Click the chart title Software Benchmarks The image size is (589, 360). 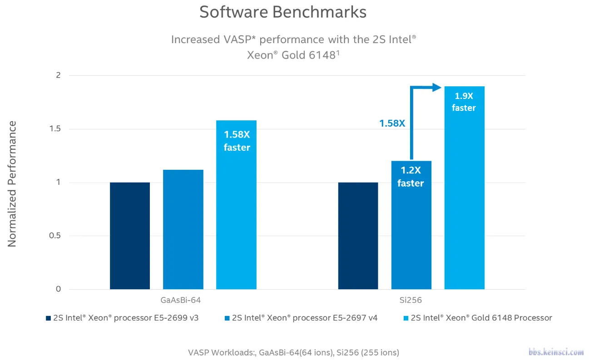(x=282, y=12)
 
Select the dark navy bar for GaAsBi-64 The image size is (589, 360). (x=130, y=236)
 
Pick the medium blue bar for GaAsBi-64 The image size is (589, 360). (x=183, y=229)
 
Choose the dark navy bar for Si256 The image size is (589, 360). (x=358, y=236)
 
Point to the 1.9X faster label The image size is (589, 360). (x=464, y=102)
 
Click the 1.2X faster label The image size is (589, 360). (x=411, y=177)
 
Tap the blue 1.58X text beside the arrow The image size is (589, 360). (x=392, y=123)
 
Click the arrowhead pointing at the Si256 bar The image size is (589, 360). (x=436, y=87)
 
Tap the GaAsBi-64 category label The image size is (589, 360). (x=180, y=301)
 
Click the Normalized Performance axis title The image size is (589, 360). (x=12, y=184)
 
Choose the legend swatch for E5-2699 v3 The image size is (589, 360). (x=48, y=318)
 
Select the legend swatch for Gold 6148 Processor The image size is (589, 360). (x=406, y=318)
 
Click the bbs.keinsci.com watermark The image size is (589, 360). (x=556, y=352)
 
